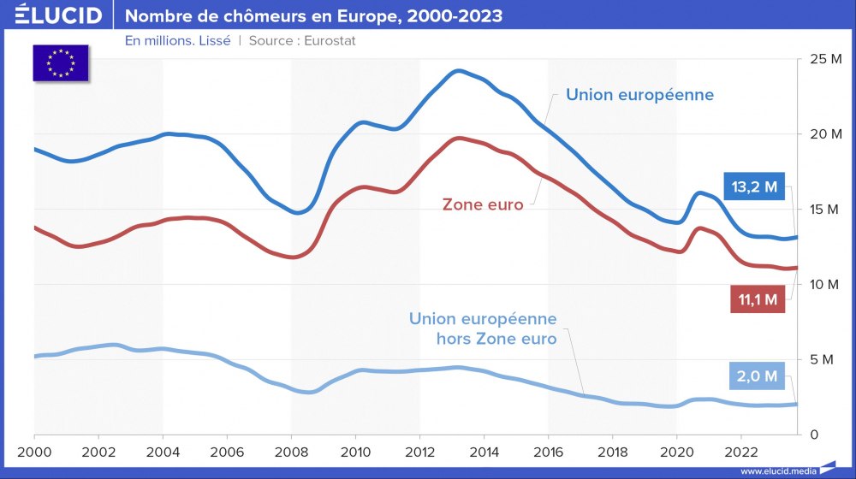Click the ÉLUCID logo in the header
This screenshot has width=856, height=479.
click(x=58, y=15)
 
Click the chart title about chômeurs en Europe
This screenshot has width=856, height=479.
click(x=314, y=16)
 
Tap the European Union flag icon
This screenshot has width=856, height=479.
click(x=61, y=62)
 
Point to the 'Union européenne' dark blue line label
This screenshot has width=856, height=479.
click(x=639, y=94)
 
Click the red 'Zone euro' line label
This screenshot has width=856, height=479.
click(x=483, y=204)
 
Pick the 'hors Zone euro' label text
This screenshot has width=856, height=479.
click(x=496, y=339)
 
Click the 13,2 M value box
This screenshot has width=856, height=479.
click(x=754, y=187)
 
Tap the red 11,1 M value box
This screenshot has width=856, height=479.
click(x=758, y=299)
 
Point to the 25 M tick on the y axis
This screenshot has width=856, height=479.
click(x=826, y=59)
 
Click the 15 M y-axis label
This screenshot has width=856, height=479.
click(x=826, y=210)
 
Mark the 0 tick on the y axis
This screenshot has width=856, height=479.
click(x=815, y=435)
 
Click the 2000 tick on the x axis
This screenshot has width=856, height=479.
click(x=34, y=451)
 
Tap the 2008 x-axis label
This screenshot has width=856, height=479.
click(x=291, y=451)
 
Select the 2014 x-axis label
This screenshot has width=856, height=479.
click(x=484, y=451)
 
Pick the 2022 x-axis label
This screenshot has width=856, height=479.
click(x=740, y=451)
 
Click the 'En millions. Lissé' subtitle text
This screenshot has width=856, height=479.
click(x=177, y=40)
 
